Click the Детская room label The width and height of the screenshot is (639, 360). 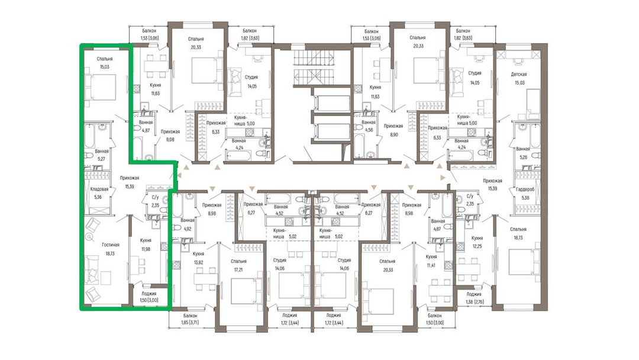click(519, 74)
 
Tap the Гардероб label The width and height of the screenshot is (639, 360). click(522, 189)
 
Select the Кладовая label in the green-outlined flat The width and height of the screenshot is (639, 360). click(99, 189)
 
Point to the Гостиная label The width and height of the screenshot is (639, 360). click(111, 245)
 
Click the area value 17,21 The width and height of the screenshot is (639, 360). click(238, 269)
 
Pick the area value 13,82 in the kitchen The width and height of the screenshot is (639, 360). click(198, 262)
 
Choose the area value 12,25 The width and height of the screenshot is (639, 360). click(477, 246)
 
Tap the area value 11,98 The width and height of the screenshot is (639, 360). click(146, 249)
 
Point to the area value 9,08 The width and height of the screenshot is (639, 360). click(170, 140)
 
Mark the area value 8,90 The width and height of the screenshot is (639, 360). click(393, 134)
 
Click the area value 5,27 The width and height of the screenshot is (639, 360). click(101, 159)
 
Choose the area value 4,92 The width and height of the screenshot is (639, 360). click(188, 229)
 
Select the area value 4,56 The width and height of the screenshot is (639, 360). click(369, 130)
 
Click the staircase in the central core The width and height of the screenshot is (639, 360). click(313, 67)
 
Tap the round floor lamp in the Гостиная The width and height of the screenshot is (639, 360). click(89, 237)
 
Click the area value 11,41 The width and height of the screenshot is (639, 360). click(431, 265)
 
